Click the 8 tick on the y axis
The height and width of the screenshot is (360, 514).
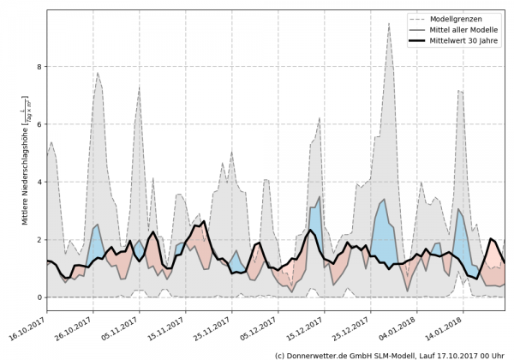[39, 67]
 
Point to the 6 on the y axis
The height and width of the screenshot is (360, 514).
[39, 124]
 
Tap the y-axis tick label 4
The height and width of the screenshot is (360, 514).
[39, 182]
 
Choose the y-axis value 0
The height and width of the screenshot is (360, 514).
[39, 297]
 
